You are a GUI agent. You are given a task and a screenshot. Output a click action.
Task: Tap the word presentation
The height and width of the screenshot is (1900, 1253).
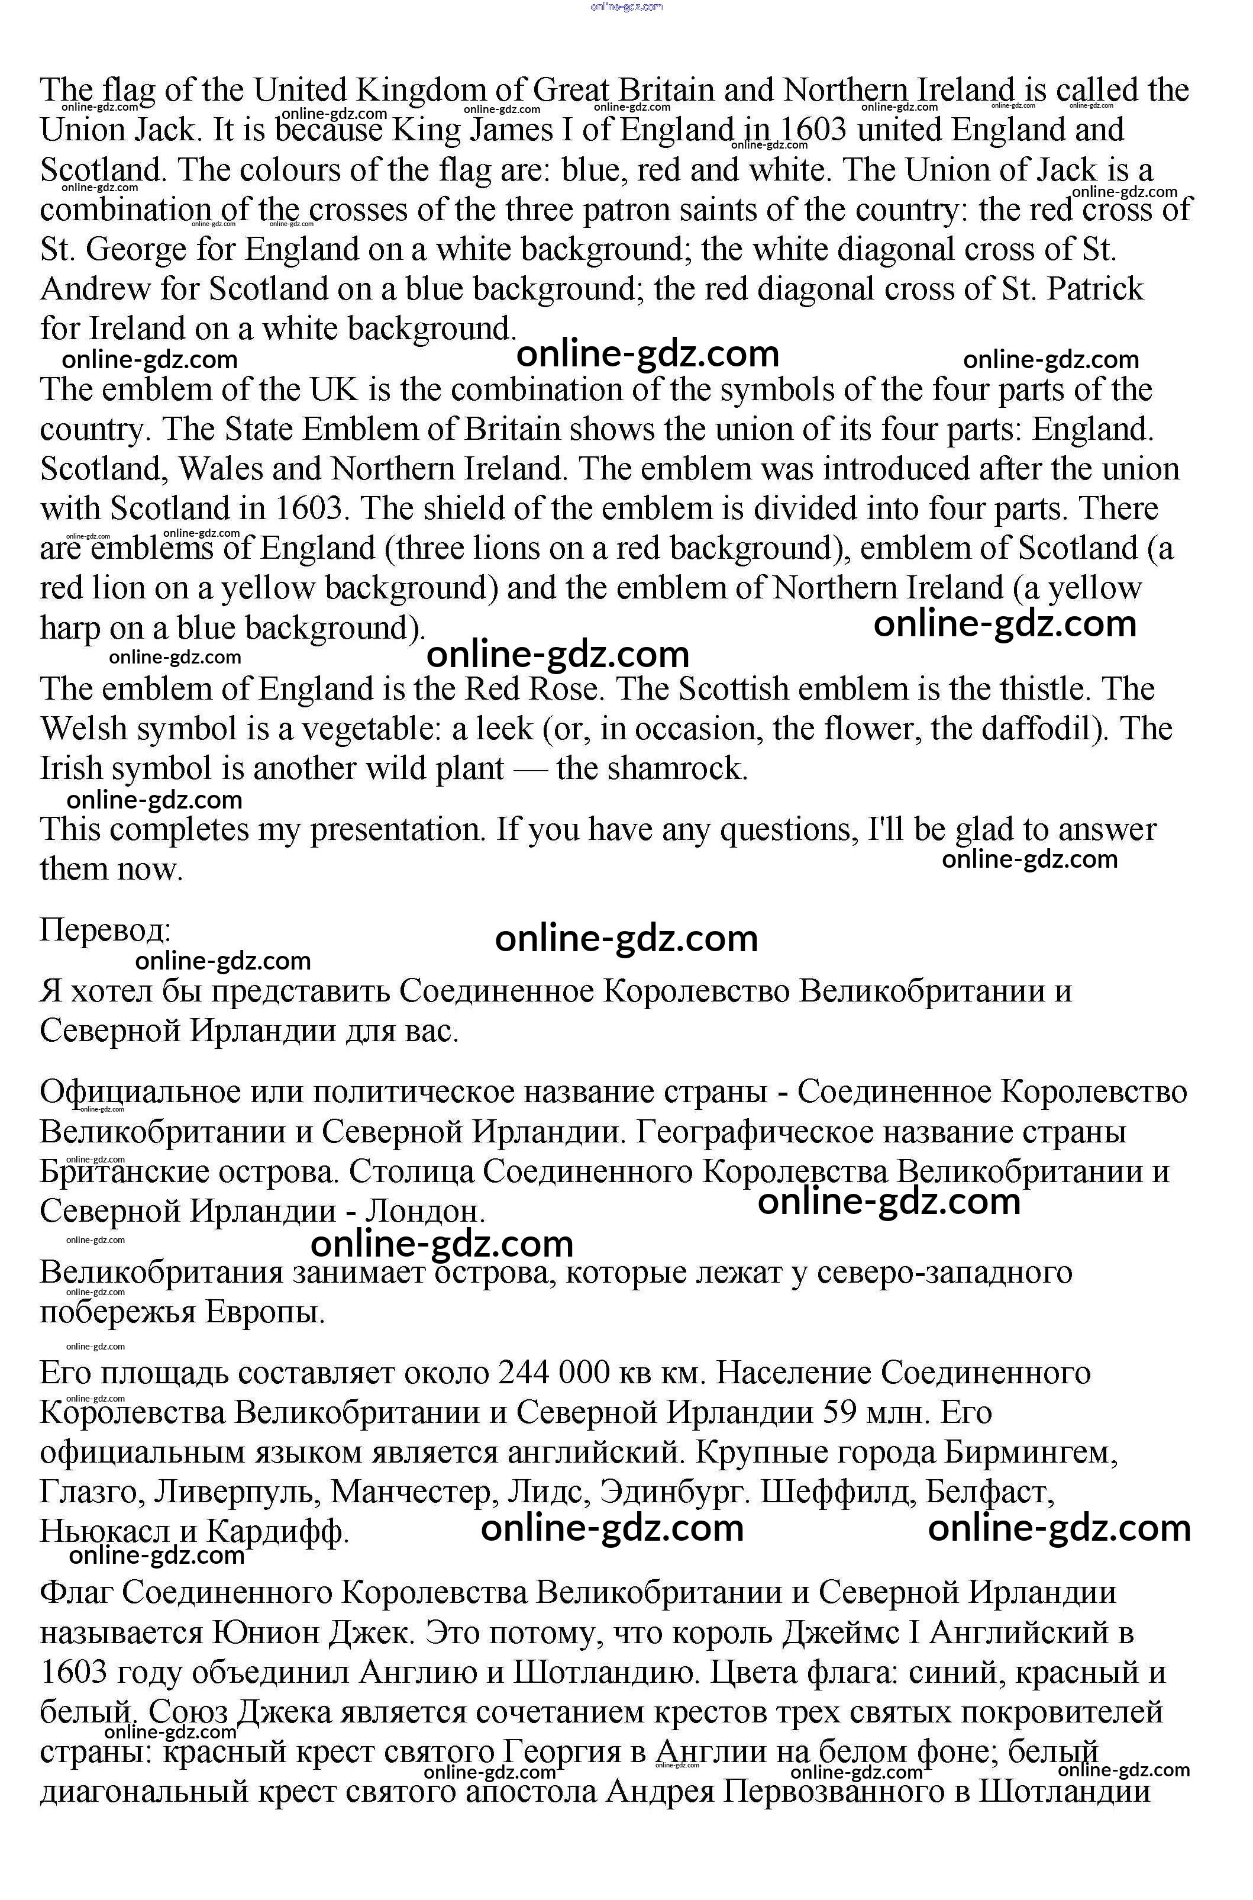tap(397, 830)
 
